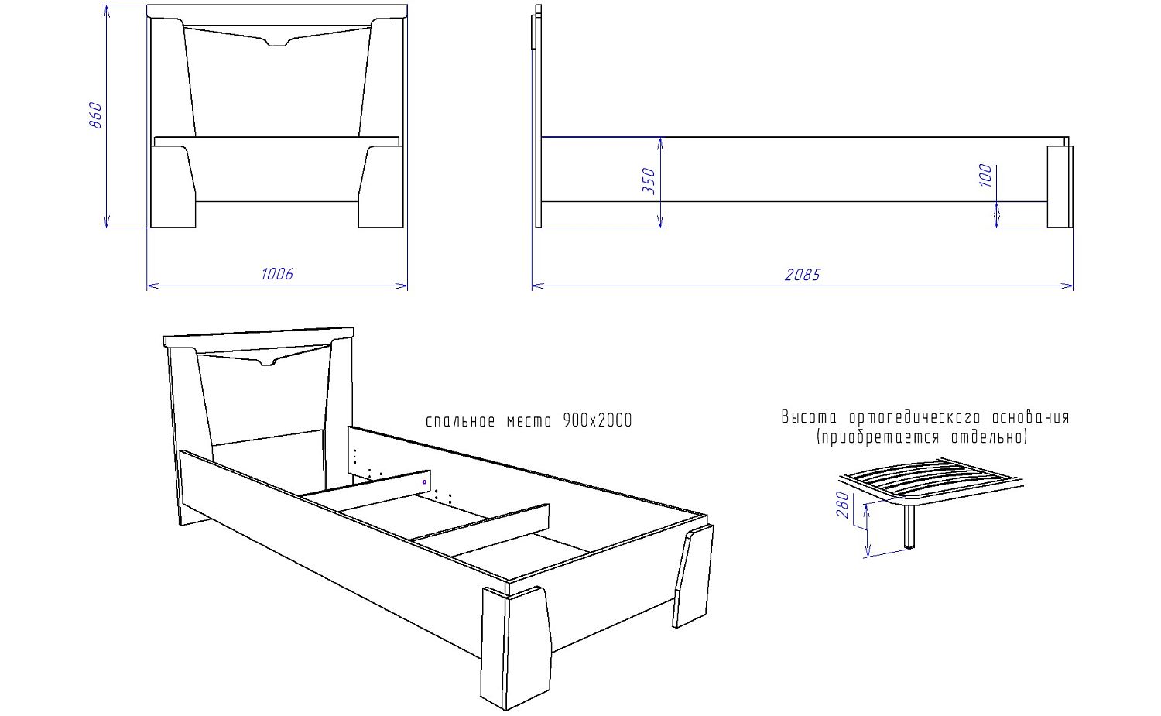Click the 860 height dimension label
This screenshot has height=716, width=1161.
point(96,115)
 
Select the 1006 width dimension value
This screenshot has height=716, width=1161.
point(277,274)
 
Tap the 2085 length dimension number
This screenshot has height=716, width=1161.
point(803,274)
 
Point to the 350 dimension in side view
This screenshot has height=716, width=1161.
point(649,181)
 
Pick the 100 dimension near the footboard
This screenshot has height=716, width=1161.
point(986,175)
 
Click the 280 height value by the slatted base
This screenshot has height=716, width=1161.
point(844,505)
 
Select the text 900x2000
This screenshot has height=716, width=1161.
point(597,420)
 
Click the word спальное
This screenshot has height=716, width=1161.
point(461,421)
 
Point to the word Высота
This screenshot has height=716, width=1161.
point(809,417)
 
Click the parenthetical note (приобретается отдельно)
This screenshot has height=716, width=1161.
point(922,437)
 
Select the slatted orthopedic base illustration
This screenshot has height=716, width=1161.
point(931,480)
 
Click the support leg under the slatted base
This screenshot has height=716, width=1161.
point(909,526)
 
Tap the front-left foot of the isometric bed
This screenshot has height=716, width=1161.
point(515,648)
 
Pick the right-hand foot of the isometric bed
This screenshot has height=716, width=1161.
point(693,577)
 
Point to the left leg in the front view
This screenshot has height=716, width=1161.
point(172,187)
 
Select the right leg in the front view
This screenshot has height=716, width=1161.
point(381,187)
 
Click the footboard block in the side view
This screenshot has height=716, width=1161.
point(1060,187)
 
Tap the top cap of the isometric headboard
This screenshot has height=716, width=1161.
point(259,337)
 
